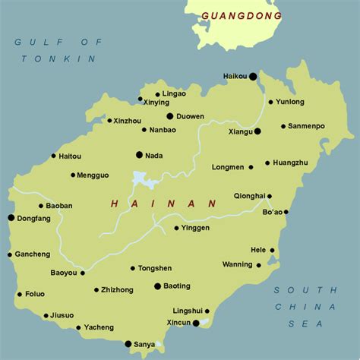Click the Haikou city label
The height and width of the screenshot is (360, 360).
pyautogui.click(x=235, y=76)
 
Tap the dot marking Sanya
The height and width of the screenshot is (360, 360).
pyautogui.click(x=128, y=343)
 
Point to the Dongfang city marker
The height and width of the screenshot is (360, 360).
pyautogui.click(x=11, y=218)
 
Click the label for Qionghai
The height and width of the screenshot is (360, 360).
pyautogui.click(x=249, y=194)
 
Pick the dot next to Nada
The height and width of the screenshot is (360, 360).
pyautogui.click(x=139, y=155)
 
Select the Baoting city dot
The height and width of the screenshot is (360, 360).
pyautogui.click(x=157, y=286)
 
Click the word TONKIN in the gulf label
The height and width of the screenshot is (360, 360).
pyautogui.click(x=57, y=58)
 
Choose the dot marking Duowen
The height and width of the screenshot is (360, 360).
pyautogui.click(x=170, y=116)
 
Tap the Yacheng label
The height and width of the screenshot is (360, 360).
pyautogui.click(x=99, y=327)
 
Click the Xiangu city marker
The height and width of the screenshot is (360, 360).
pyautogui.click(x=257, y=131)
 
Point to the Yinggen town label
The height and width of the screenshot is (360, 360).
pyautogui.click(x=195, y=227)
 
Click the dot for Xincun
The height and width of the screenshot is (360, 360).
pyautogui.click(x=196, y=323)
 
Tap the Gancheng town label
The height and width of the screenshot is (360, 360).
pyautogui.click(x=31, y=254)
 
